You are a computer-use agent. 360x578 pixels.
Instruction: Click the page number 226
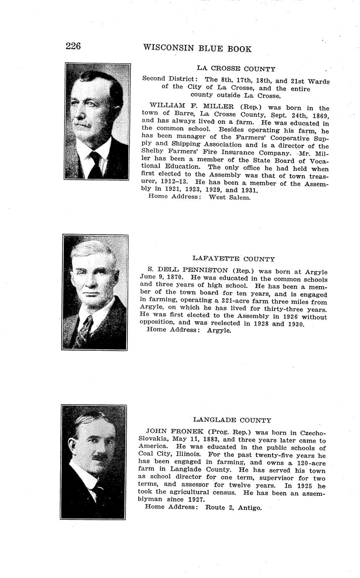[73, 46]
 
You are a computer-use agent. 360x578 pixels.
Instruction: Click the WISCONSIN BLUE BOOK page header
[197, 49]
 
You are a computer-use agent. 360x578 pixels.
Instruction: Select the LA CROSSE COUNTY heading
[236, 69]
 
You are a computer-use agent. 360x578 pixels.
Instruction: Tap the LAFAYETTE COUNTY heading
[233, 259]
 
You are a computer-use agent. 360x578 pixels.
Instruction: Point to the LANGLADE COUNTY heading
[232, 420]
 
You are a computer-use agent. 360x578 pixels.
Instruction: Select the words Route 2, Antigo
[233, 507]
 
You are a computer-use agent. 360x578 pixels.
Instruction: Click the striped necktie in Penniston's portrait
[85, 329]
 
